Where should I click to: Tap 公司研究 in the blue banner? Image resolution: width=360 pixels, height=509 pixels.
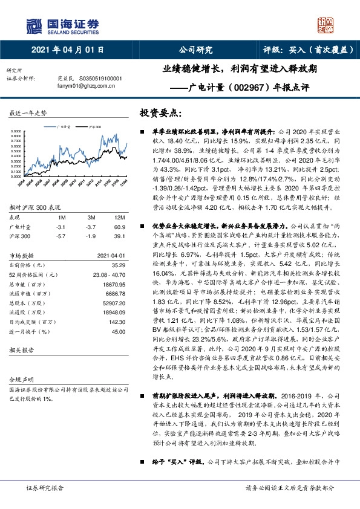pyautogui.click(x=195, y=51)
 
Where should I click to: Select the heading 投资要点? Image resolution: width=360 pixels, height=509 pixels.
pyautogui.click(x=161, y=113)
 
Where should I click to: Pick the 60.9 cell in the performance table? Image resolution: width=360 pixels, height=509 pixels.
pyautogui.click(x=119, y=226)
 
